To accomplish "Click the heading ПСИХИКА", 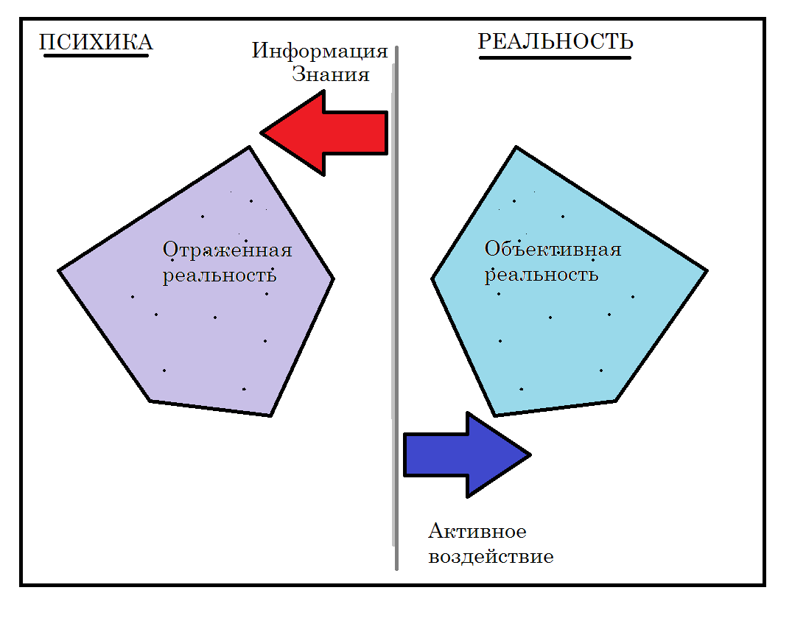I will tap(96, 42).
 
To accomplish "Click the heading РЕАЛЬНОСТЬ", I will tap(556, 42).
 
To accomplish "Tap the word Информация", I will tap(319, 51).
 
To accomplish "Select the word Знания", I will tap(330, 74).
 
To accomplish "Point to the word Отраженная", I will tap(227, 250).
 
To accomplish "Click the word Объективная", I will tap(553, 249).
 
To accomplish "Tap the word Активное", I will tap(477, 531).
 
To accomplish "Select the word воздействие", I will tap(491, 555).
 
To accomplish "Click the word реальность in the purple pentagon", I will tap(220, 276).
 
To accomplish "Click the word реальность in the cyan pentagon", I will tap(541, 275).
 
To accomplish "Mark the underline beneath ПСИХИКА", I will tap(96, 55).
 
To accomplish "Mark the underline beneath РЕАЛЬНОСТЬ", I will tap(555, 57).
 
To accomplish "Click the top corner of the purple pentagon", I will tap(249, 148).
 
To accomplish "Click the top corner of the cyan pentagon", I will tap(516, 148).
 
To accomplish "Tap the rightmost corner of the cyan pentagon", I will tap(706, 270).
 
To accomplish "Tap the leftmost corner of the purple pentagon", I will tap(60, 270).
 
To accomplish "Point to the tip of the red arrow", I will tap(262, 133).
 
